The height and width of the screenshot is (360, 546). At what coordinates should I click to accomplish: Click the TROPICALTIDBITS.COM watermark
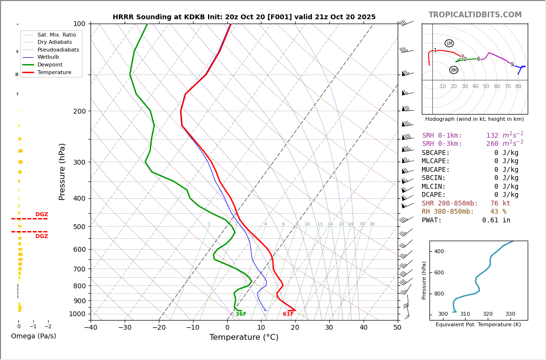point(475,15)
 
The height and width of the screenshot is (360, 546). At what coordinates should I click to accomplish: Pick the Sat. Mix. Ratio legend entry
point(56,35)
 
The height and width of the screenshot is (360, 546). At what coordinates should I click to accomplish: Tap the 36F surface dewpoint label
point(241,314)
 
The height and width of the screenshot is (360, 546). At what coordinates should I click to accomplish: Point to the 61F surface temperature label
point(288,314)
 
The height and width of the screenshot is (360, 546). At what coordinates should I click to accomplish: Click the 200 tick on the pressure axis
point(79,111)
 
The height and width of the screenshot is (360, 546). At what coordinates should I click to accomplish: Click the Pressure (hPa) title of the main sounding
point(62,171)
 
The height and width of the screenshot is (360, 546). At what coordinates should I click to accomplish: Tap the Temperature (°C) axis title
point(244,337)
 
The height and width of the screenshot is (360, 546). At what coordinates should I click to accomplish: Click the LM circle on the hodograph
point(449,43)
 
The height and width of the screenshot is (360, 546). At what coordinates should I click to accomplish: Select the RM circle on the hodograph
point(454,70)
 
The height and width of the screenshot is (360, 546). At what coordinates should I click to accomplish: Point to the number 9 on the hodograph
point(512,65)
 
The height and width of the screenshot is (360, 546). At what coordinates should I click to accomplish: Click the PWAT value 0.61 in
point(496,220)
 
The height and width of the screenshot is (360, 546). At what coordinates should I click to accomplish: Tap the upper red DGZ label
point(42,215)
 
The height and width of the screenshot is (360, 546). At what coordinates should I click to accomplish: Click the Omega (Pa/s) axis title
point(34,336)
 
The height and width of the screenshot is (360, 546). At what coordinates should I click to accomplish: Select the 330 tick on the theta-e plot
point(510,314)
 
